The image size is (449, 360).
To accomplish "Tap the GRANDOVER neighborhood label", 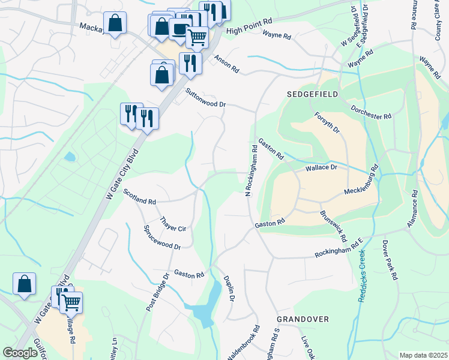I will point(303,319).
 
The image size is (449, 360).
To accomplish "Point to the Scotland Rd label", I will point(139,196).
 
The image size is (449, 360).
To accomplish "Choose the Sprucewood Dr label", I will point(162,238).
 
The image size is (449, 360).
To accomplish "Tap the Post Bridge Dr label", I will point(157,292).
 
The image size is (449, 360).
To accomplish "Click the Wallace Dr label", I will point(322,169).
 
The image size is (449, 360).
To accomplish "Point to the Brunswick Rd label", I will point(333,226).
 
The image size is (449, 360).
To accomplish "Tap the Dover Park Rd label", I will point(390,261).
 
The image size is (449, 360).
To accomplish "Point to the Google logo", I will point(20,353).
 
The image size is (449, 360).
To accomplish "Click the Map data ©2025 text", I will point(423,355).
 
